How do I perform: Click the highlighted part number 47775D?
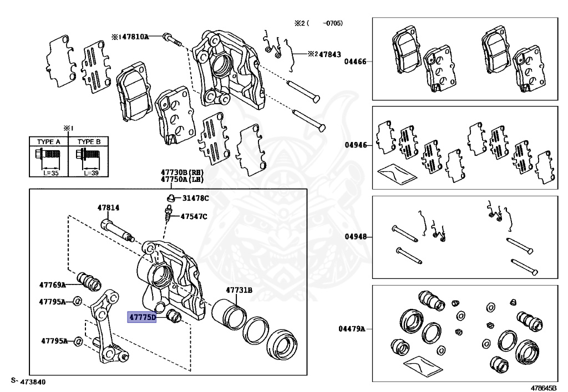pos(143,318)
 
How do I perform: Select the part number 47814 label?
pos(108,208)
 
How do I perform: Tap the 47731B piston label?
pos(239,290)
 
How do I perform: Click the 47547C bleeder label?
pos(194,216)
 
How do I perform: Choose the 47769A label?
pos(52,284)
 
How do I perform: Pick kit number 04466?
pos(355,62)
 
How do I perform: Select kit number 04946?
pos(355,146)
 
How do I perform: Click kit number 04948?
pos(355,236)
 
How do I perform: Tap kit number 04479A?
pos(352,329)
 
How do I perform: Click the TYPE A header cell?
pos(48,142)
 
